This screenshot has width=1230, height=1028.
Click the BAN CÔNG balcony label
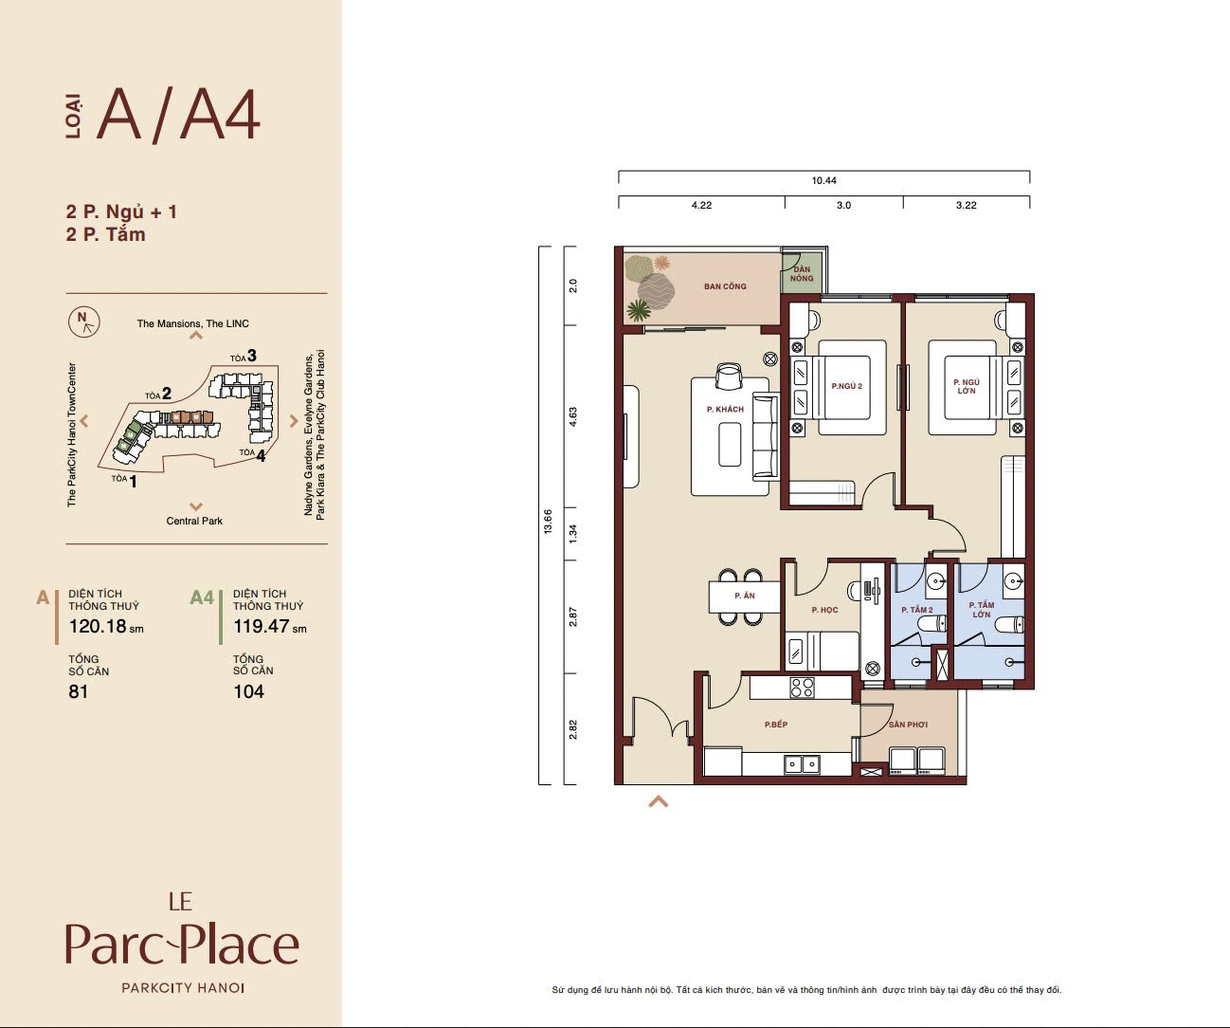[725, 286]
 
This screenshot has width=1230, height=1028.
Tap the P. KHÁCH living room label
[725, 409]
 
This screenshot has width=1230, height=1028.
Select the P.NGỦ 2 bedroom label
[846, 386]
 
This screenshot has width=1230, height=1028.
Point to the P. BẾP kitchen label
[776, 725]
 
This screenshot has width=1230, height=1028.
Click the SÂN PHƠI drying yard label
[909, 725]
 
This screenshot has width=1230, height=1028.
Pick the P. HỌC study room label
[824, 610]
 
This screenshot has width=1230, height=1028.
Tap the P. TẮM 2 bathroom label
[917, 610]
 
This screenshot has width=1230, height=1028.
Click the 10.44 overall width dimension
[823, 180]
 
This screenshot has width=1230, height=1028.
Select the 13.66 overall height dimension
[548, 522]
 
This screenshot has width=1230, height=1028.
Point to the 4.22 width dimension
[701, 205]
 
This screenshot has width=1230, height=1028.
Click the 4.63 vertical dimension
[573, 416]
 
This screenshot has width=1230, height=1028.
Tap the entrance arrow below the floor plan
[658, 801]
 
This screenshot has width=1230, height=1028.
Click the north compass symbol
[84, 321]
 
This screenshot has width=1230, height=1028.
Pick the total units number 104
[248, 691]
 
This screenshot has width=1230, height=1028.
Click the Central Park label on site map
[194, 521]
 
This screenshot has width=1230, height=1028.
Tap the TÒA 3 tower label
[244, 356]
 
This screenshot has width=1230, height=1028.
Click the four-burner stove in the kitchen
[802, 688]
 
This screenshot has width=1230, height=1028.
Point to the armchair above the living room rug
[729, 376]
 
